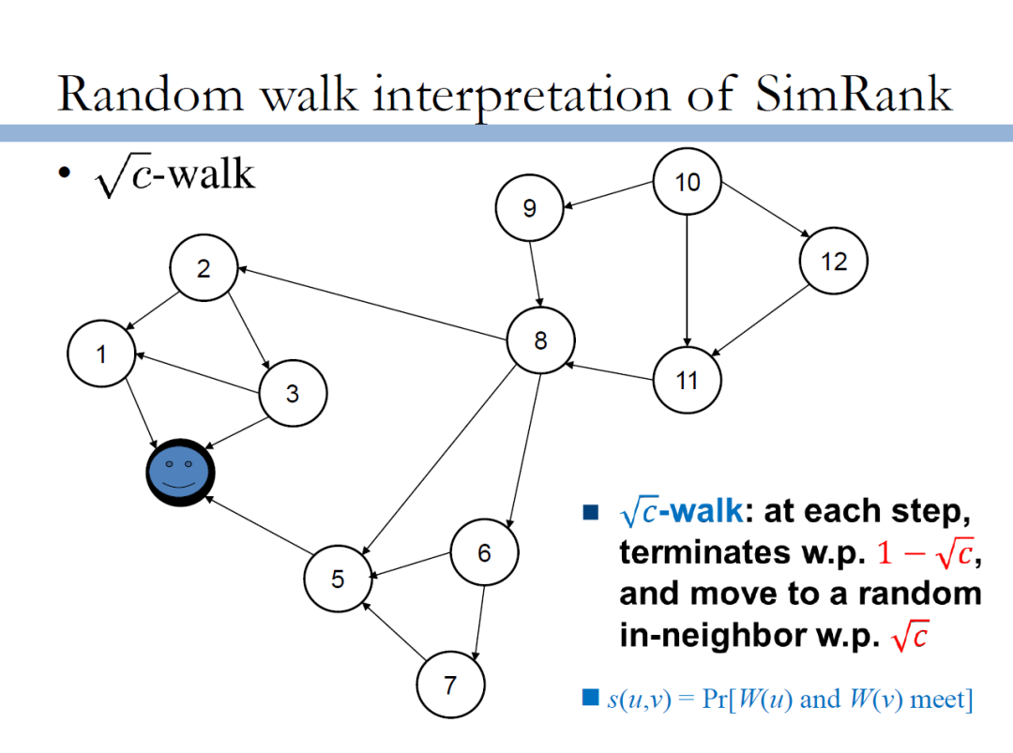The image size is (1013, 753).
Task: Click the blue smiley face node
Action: (181, 472)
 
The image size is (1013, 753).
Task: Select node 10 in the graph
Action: (688, 183)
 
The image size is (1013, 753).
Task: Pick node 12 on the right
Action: (833, 262)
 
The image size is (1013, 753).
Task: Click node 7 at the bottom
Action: (450, 685)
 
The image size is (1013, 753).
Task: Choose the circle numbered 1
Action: (101, 354)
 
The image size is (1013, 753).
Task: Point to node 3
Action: (293, 394)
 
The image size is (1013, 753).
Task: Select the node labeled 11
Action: (688, 381)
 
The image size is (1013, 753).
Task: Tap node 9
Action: (530, 208)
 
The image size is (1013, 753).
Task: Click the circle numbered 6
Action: (484, 553)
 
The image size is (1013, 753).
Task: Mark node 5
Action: (338, 579)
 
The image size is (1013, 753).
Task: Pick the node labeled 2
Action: (204, 268)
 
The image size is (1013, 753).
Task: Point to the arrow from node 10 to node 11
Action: (688, 281)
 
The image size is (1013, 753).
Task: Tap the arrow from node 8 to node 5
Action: (439, 459)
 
